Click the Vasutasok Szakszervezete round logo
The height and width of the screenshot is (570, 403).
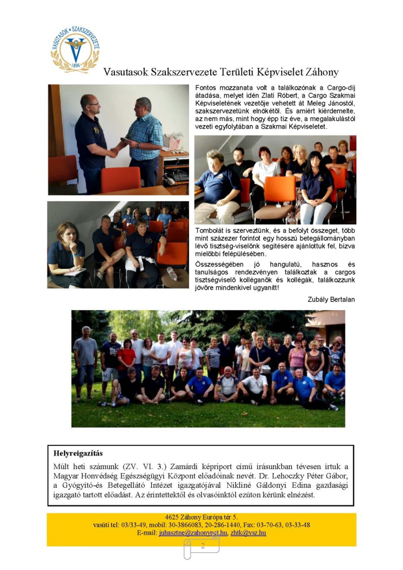75,49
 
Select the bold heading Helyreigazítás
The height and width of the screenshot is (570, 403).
78,453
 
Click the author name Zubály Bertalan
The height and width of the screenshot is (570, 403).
331,299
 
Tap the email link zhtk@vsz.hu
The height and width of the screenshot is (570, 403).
248,533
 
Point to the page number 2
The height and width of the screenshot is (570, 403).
203,546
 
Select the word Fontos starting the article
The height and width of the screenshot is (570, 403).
205,88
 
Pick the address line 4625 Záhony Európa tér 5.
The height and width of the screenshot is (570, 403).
201,517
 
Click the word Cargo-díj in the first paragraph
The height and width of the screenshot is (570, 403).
341,88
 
